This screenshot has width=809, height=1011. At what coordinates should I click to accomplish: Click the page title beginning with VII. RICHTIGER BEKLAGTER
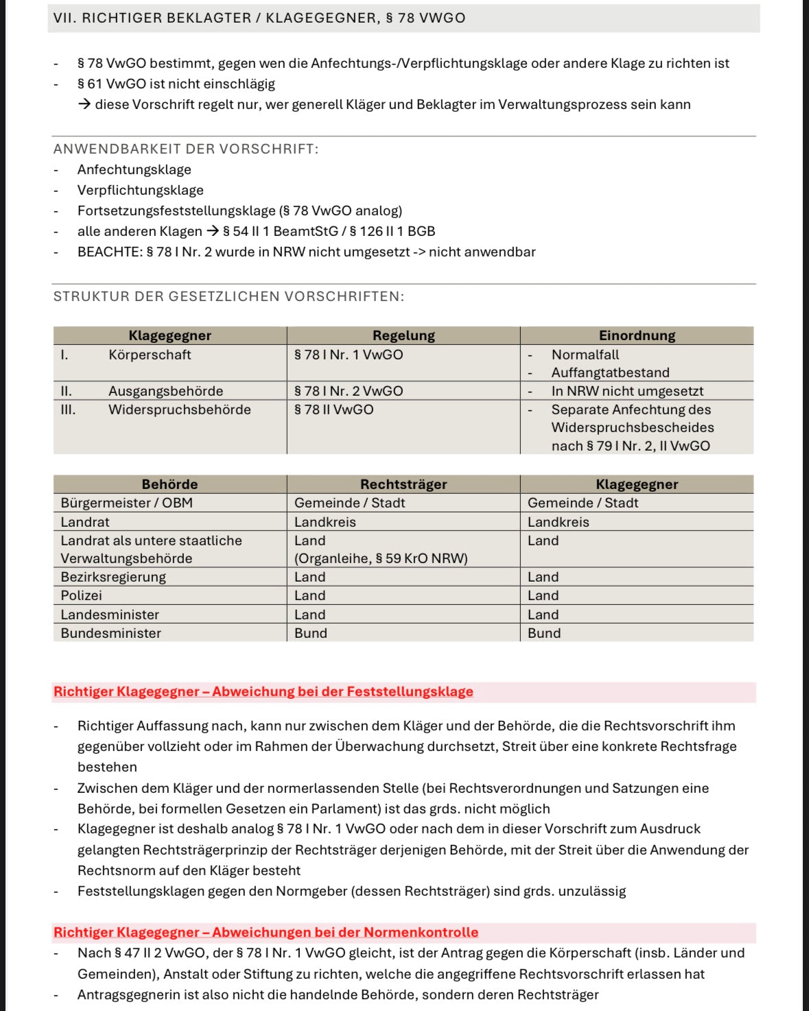[x=259, y=18]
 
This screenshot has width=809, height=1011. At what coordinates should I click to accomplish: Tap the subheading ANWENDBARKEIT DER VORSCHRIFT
[x=185, y=149]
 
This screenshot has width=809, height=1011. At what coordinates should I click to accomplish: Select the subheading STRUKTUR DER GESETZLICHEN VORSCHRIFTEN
[x=228, y=296]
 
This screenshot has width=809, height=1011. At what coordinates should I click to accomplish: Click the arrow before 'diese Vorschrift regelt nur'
[x=84, y=104]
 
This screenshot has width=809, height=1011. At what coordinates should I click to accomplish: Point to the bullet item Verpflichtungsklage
[x=140, y=190]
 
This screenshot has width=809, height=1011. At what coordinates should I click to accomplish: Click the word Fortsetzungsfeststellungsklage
[x=176, y=211]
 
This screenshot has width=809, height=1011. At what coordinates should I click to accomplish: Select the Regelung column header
[x=403, y=335]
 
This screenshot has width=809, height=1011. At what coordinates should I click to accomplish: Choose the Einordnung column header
[x=637, y=335]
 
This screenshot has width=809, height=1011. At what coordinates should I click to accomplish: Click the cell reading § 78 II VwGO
[x=334, y=409]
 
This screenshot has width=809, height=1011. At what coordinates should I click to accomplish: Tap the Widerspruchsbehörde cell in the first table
[x=179, y=409]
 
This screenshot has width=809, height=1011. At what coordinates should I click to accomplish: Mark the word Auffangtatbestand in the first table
[x=610, y=372]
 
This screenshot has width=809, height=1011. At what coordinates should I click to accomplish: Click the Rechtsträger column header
[x=403, y=484]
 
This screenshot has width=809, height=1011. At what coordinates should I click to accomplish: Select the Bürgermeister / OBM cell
[x=126, y=503]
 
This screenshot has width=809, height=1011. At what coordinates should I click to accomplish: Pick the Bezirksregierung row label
[x=113, y=577]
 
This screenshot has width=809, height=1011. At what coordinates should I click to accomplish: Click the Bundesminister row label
[x=110, y=633]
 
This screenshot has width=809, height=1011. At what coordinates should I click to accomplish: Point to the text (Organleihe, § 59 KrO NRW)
[x=381, y=558]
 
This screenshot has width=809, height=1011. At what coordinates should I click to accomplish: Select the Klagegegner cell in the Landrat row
[x=558, y=522]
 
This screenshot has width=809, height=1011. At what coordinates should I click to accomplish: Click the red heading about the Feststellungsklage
[x=263, y=691]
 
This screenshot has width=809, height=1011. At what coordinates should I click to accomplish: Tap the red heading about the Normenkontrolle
[x=266, y=932]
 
